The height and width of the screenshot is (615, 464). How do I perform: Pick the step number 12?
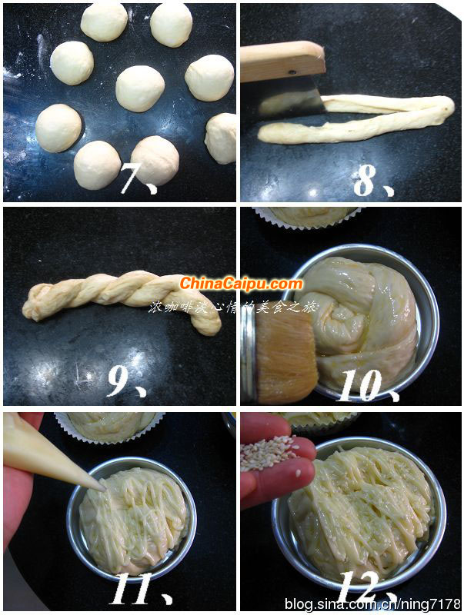coord(362,590)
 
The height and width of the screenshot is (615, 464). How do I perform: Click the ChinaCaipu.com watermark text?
coord(241,284)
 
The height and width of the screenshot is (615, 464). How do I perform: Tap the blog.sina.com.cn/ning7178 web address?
coord(372,604)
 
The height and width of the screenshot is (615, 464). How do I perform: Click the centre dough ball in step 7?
coord(140,88)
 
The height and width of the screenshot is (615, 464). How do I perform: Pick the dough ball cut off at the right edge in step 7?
coord(222,138)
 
